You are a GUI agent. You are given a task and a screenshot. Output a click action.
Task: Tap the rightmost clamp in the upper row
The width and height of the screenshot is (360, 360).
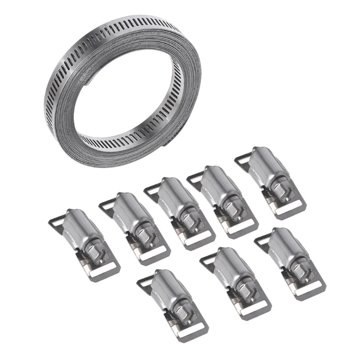coord(270,180)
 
